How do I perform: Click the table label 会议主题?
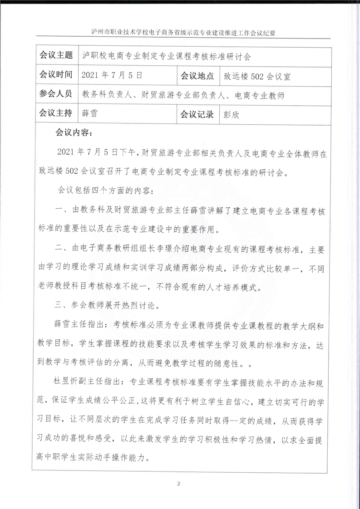click(x=56, y=56)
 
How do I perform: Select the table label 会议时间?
click(x=56, y=75)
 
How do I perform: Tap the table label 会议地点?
click(x=197, y=75)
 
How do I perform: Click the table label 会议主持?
click(x=56, y=114)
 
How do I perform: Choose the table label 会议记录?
click(x=197, y=114)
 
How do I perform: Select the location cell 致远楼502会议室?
click(x=257, y=76)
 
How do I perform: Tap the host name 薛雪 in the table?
click(x=90, y=114)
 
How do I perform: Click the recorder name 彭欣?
click(x=232, y=114)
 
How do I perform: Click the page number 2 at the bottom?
click(x=179, y=484)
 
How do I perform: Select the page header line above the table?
click(x=180, y=33)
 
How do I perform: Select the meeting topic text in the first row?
click(x=166, y=56)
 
